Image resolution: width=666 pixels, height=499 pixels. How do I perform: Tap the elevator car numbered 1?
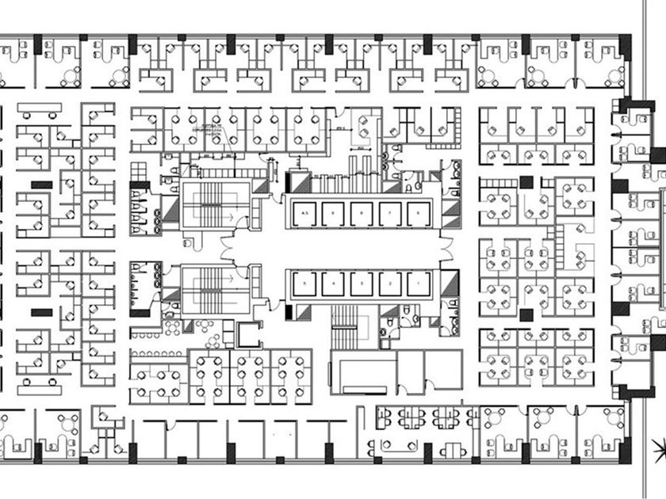coord(418,283)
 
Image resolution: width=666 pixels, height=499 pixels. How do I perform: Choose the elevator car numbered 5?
coord(304,283)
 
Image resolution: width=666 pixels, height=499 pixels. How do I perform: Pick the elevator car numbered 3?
coord(362,283)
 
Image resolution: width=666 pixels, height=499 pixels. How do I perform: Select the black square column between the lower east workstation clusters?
coord(526,315)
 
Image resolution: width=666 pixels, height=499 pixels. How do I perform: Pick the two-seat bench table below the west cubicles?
coord(40,389)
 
